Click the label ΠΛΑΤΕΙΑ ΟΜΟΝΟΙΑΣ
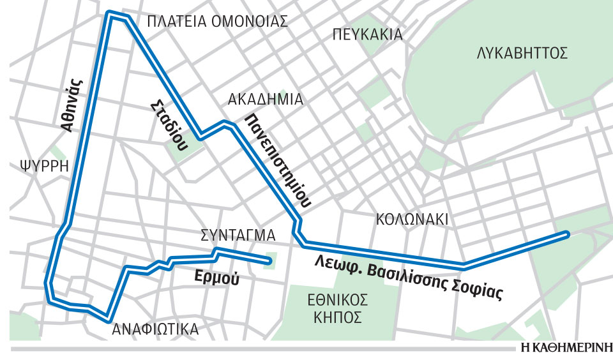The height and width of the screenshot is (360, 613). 217,21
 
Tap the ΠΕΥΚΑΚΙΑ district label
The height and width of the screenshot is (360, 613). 368,34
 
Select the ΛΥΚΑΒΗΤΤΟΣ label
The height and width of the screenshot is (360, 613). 522,53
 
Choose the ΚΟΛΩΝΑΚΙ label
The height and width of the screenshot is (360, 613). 412,220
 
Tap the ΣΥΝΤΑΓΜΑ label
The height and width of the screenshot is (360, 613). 238,235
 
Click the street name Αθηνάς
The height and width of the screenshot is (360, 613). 72,104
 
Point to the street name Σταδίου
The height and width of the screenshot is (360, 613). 169,124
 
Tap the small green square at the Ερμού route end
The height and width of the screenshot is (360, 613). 271,260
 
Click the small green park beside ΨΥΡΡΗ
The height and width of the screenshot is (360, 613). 58,153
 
